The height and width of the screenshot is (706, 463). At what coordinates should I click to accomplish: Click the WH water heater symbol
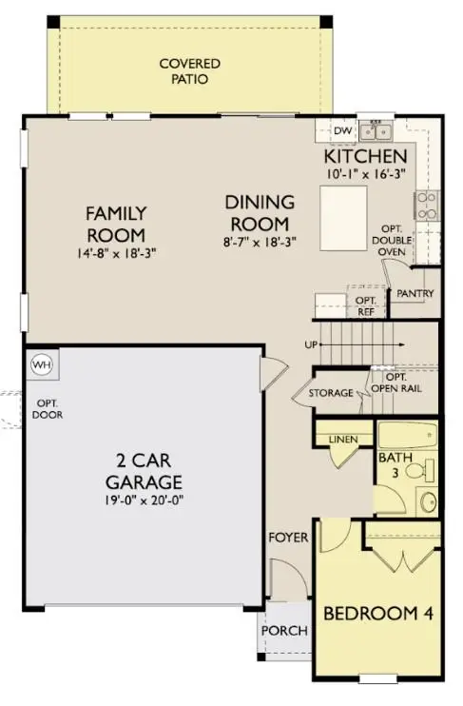[x=41, y=363]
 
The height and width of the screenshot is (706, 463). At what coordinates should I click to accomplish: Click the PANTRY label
[x=415, y=294]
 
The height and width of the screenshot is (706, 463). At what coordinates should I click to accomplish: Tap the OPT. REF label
[x=366, y=304]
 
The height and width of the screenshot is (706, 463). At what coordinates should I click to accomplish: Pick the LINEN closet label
[x=342, y=440]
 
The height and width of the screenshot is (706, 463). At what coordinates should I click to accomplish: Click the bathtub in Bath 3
[x=407, y=439]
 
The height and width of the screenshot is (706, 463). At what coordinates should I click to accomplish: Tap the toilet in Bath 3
[x=425, y=469]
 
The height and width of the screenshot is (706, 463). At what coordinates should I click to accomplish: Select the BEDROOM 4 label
[x=378, y=614]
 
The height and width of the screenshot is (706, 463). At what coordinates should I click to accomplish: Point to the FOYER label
[x=287, y=538]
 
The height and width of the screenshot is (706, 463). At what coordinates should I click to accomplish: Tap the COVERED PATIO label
[x=190, y=71]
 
